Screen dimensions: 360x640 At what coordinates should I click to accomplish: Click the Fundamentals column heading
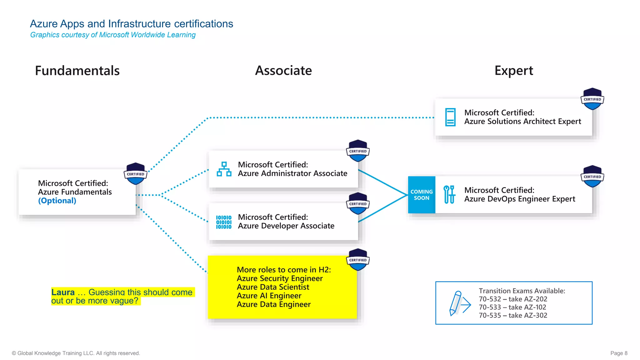[77, 71]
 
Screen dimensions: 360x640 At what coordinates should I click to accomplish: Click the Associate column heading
[283, 71]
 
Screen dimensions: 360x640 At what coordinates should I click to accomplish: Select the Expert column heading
[513, 71]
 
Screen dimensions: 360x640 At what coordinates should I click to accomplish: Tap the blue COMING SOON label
[421, 195]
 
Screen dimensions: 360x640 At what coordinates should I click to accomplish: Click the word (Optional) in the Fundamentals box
[57, 201]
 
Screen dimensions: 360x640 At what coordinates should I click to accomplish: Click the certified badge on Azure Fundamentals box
[135, 174]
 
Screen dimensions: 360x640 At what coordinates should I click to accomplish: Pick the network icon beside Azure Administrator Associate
[224, 169]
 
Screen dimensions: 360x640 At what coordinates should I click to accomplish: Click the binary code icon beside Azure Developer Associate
[224, 222]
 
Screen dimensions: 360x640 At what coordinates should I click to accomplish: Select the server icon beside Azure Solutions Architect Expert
[450, 117]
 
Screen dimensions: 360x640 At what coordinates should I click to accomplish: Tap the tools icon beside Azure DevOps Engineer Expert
[449, 194]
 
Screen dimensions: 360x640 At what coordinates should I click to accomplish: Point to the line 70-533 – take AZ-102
[512, 307]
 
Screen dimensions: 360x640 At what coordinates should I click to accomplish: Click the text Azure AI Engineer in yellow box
[269, 296]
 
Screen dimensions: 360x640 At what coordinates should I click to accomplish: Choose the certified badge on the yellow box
[358, 260]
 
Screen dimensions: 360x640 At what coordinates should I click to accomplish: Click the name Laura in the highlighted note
[63, 292]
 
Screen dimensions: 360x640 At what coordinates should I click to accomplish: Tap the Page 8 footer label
[619, 353]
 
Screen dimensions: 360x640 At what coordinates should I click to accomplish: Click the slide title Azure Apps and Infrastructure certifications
[132, 24]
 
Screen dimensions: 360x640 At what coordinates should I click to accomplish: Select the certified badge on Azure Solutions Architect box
[592, 99]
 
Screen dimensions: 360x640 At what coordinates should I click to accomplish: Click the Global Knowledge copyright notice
[76, 353]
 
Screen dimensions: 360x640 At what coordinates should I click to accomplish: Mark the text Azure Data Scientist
[273, 287]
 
